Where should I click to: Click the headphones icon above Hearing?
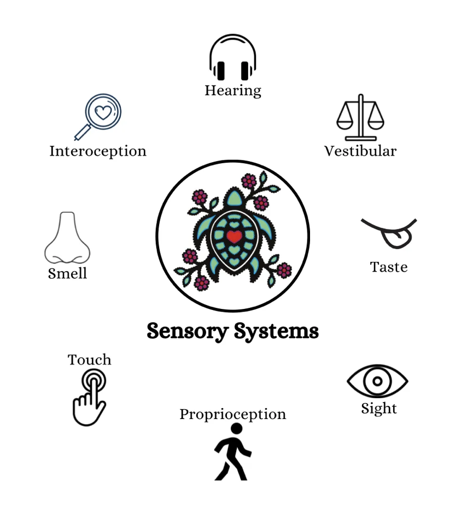coord(232,58)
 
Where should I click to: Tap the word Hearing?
coord(233,90)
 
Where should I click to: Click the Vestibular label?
coord(360,151)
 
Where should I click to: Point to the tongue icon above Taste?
coord(390,232)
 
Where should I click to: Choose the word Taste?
coord(389,267)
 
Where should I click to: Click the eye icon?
coord(377,381)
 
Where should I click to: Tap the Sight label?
coord(379,409)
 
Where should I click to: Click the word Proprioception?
coord(232,415)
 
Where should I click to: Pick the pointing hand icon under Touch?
coord(90,397)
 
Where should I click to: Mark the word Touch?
coord(90,360)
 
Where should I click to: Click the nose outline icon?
coord(67,238)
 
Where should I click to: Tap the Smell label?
coord(67,273)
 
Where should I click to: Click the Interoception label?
coord(98,151)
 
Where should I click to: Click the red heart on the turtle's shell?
coord(234,237)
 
